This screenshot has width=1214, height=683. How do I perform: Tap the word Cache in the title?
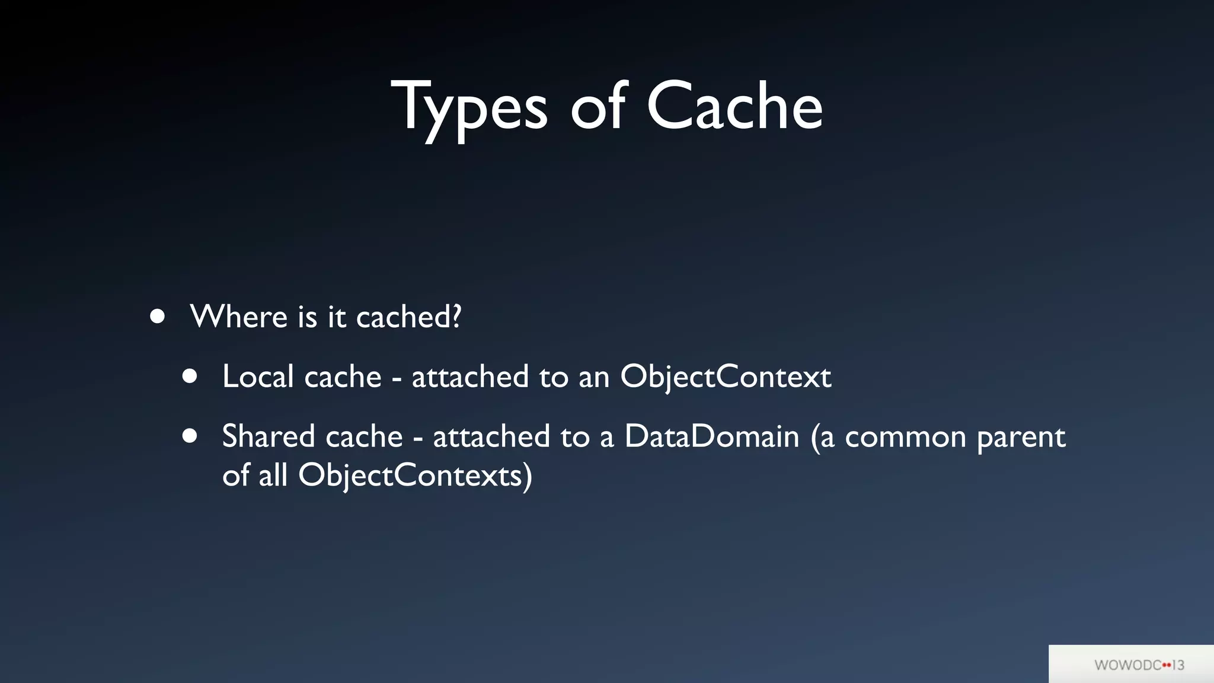pos(734,107)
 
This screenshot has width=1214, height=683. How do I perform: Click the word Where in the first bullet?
pos(239,317)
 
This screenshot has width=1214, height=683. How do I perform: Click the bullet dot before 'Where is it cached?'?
pos(157,317)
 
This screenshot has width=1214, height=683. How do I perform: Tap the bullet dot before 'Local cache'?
pos(190,376)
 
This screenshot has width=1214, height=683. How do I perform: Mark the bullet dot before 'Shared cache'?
pos(190,436)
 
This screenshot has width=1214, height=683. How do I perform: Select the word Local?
pos(258,376)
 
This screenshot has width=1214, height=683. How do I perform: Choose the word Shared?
pos(268,436)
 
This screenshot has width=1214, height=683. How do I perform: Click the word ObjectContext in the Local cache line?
pos(726,377)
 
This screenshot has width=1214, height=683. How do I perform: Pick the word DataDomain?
pos(711,436)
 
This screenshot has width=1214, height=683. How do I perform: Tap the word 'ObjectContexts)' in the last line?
pos(415,475)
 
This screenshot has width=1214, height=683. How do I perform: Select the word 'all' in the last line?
pos(273,475)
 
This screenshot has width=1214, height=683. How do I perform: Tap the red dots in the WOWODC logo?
pos(1167,665)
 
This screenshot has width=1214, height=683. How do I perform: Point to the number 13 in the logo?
pos(1178,665)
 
